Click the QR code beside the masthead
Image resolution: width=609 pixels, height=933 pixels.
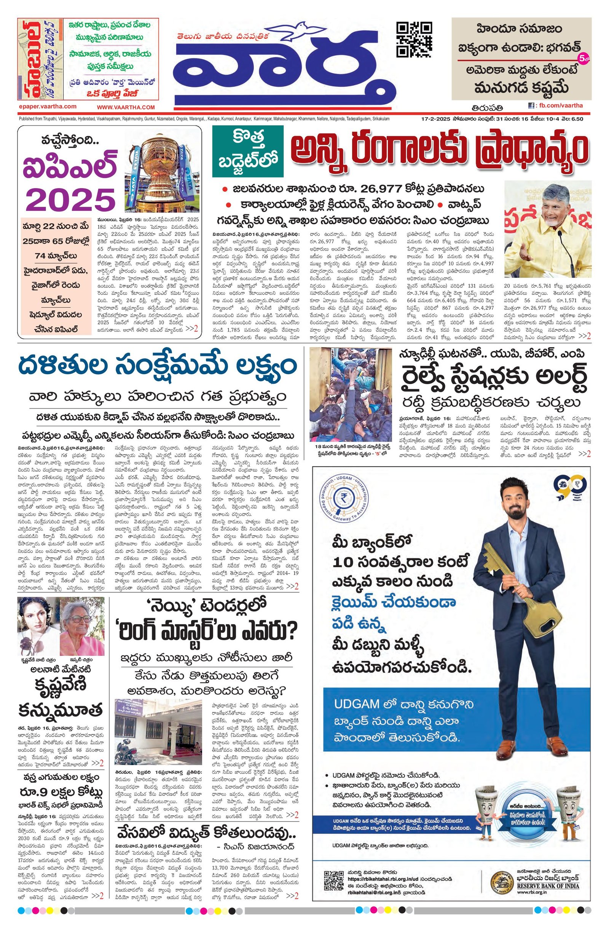pyautogui.click(x=414, y=40)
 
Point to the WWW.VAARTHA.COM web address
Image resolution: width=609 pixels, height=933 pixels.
pyautogui.click(x=126, y=107)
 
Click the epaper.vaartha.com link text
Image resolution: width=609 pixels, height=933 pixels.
pyautogui.click(x=48, y=107)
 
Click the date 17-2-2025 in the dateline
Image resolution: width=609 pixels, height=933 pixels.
pyautogui.click(x=434, y=119)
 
